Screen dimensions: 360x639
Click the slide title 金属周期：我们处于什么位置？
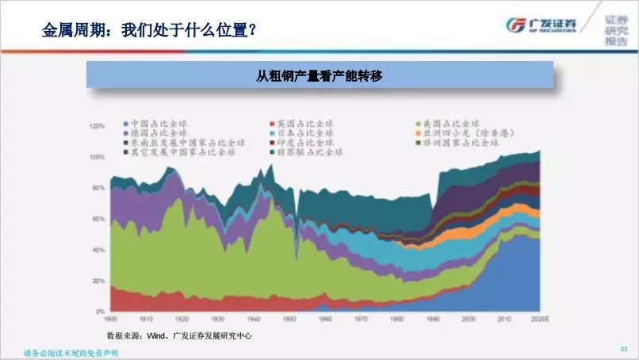point(149,31)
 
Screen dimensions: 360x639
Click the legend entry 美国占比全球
point(450,124)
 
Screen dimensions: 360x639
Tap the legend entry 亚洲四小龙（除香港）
point(468,133)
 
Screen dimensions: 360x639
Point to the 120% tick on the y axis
point(98,126)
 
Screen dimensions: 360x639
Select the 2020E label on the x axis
point(538,319)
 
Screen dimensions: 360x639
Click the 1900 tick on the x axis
point(112,319)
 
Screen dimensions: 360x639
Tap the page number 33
point(622,349)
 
